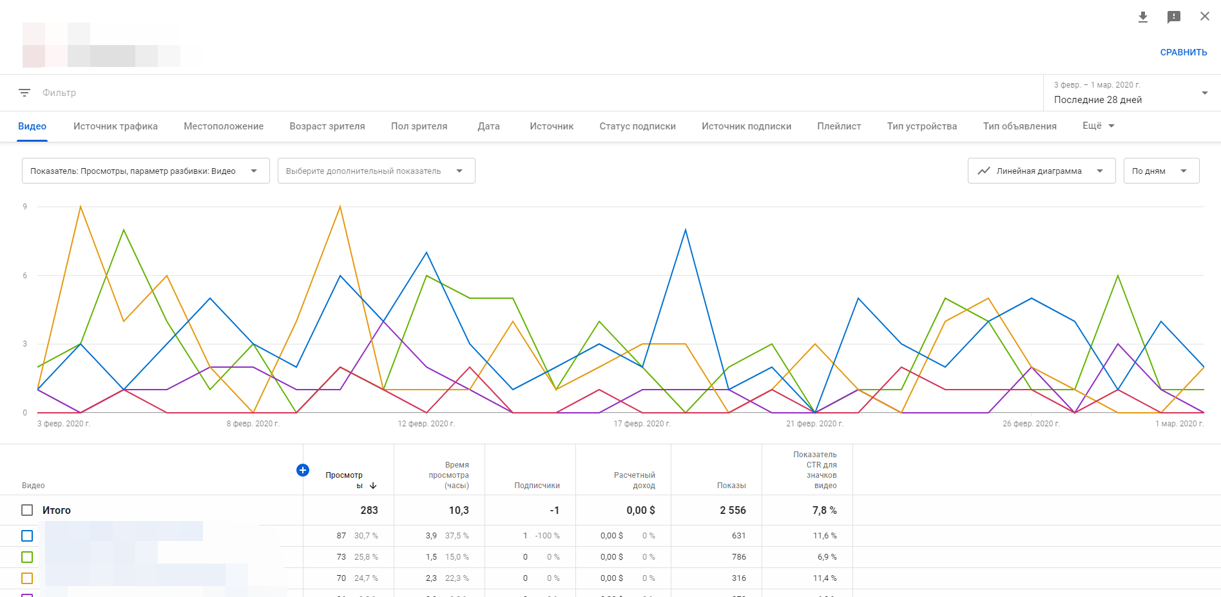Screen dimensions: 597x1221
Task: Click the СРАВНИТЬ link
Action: pos(1183,52)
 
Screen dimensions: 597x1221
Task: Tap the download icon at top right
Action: pos(1143,17)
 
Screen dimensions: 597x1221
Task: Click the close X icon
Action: pos(1204,16)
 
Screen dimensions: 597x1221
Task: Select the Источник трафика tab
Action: pos(115,126)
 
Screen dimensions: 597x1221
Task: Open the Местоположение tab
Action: pos(224,126)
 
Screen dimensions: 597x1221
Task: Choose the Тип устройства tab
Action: pos(921,126)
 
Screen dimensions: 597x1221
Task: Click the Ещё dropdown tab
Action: pos(1098,126)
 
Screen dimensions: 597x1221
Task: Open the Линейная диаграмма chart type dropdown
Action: pos(1041,171)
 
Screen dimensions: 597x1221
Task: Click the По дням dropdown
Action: pos(1160,171)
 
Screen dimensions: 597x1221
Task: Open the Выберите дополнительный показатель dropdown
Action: pos(376,171)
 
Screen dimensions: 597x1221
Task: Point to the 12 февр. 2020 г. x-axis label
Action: pos(426,424)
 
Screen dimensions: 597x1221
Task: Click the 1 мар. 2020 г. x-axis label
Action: pos(1179,424)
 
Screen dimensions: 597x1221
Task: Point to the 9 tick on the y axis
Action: pos(25,207)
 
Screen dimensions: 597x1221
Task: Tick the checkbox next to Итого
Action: pos(27,510)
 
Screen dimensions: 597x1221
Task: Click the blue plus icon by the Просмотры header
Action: pos(303,470)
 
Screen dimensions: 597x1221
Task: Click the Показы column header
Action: pos(731,486)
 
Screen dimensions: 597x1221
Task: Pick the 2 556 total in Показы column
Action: pos(733,510)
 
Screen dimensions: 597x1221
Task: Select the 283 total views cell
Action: pos(369,510)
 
